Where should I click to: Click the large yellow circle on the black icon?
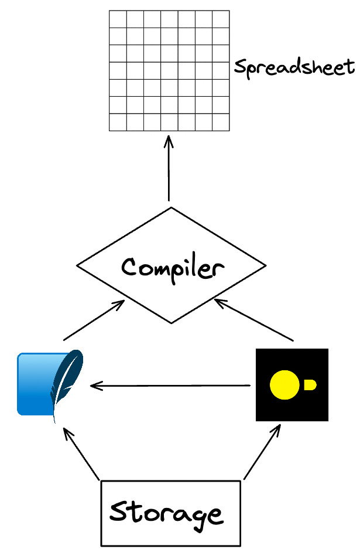[x=284, y=385]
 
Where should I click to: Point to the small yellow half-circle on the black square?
[x=310, y=385]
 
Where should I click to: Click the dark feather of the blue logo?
[x=66, y=381]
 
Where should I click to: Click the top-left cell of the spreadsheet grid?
[x=118, y=19]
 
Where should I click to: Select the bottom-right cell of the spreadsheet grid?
[x=221, y=122]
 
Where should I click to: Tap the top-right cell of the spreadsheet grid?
[x=221, y=19]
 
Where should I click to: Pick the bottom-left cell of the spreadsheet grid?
[x=118, y=122]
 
